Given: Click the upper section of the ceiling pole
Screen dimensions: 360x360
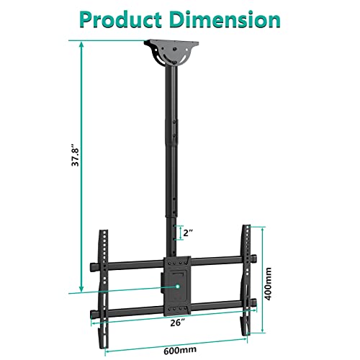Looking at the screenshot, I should coord(173,94).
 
